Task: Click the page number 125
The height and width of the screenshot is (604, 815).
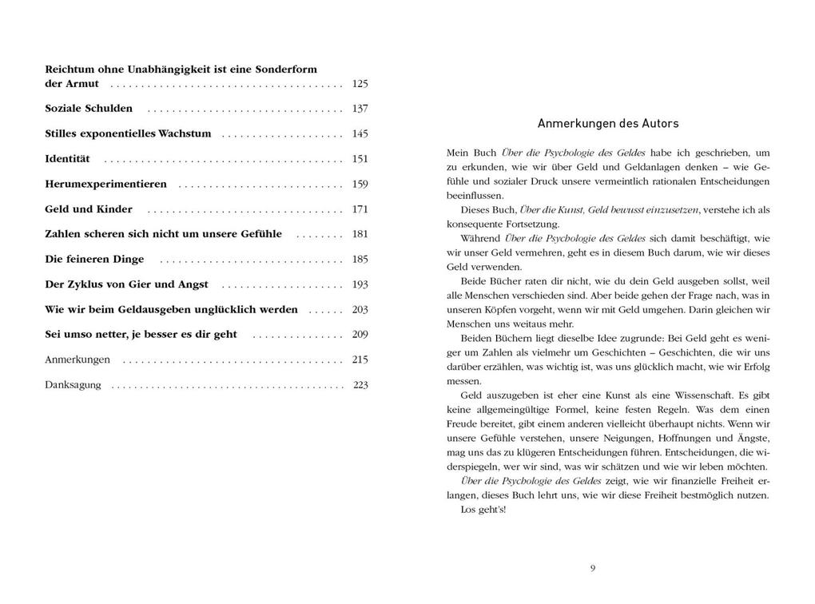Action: (360, 84)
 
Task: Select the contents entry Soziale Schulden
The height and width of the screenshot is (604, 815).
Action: (89, 109)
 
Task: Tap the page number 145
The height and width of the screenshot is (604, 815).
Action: (360, 133)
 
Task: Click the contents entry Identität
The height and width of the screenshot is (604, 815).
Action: (67, 159)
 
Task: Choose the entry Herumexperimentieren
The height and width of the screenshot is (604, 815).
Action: (105, 184)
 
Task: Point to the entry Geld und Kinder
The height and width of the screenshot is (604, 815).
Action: (89, 209)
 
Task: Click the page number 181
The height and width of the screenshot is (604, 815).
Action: (360, 234)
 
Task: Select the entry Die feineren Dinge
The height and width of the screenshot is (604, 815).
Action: (94, 259)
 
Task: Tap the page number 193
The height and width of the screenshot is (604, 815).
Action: (360, 284)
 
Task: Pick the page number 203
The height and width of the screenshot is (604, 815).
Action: (360, 309)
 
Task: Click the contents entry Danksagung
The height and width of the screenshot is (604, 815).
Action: (73, 385)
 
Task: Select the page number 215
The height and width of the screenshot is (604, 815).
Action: (360, 360)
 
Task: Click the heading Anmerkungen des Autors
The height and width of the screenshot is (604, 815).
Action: (608, 124)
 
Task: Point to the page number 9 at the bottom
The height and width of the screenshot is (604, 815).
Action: (593, 568)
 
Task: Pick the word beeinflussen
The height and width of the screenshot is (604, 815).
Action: (475, 195)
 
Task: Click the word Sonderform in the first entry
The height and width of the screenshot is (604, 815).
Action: (286, 70)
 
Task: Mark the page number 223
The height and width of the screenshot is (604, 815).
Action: (360, 385)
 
